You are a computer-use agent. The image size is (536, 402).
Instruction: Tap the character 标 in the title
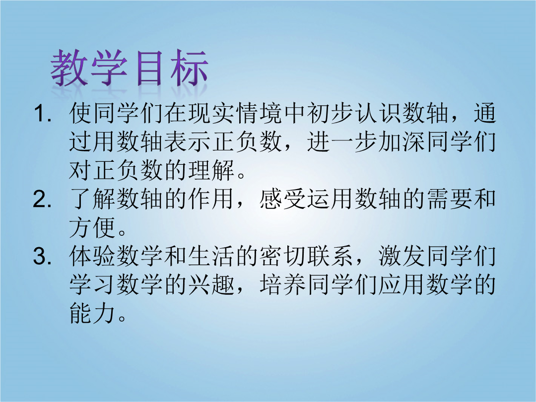click(189, 67)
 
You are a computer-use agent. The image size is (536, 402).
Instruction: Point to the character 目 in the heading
click(149, 67)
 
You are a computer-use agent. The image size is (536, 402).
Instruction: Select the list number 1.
click(42, 114)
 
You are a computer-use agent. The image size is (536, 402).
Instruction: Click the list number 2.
click(42, 200)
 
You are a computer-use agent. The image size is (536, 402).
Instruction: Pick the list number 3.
click(42, 256)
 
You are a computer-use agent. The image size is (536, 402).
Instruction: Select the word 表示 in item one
click(187, 141)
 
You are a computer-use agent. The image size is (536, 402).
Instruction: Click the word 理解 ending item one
click(211, 170)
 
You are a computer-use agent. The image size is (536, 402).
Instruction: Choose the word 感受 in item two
click(282, 199)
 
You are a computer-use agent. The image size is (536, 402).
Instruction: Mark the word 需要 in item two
click(449, 199)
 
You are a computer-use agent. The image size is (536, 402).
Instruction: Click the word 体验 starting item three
click(92, 256)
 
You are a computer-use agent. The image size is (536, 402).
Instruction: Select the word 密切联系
click(306, 256)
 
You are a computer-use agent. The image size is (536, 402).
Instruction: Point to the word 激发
click(402, 256)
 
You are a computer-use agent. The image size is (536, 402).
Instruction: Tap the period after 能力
click(122, 318)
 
